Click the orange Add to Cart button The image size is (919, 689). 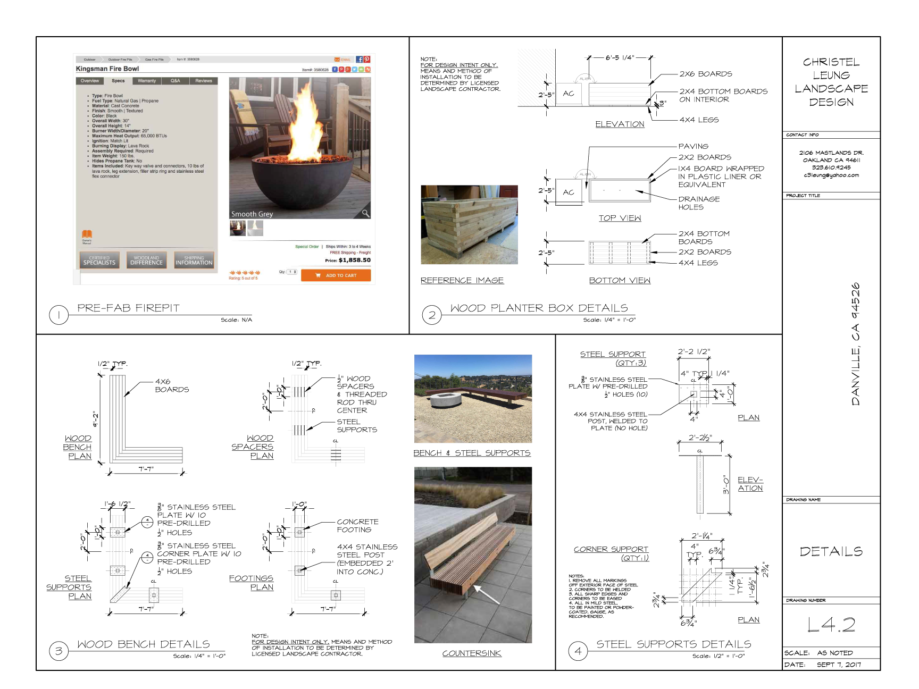(x=336, y=275)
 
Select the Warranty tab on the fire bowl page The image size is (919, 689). (x=147, y=81)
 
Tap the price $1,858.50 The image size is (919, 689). (x=354, y=261)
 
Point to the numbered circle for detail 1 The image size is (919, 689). (x=59, y=315)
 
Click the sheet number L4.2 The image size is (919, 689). (x=831, y=625)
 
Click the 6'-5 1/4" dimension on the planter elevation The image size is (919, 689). (x=620, y=57)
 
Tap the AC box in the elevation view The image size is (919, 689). (x=569, y=94)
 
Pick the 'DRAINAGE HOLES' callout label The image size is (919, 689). (x=698, y=203)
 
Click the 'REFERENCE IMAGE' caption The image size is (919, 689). (x=462, y=280)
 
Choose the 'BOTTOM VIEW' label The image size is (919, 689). (x=620, y=280)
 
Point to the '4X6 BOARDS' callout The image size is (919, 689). (x=171, y=385)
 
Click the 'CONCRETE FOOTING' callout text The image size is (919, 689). (x=357, y=525)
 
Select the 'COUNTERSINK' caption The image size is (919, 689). (x=472, y=653)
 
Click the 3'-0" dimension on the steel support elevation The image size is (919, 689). (x=726, y=484)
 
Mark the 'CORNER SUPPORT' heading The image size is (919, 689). (x=611, y=549)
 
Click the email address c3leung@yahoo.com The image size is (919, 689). (x=831, y=175)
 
